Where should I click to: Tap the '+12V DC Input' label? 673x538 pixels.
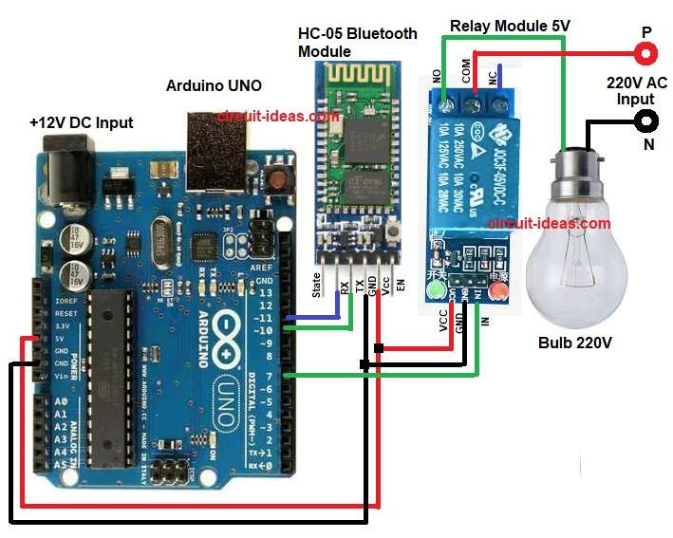point(82,122)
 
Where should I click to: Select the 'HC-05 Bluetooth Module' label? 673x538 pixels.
point(357,42)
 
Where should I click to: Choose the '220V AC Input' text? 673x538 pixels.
point(636,91)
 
